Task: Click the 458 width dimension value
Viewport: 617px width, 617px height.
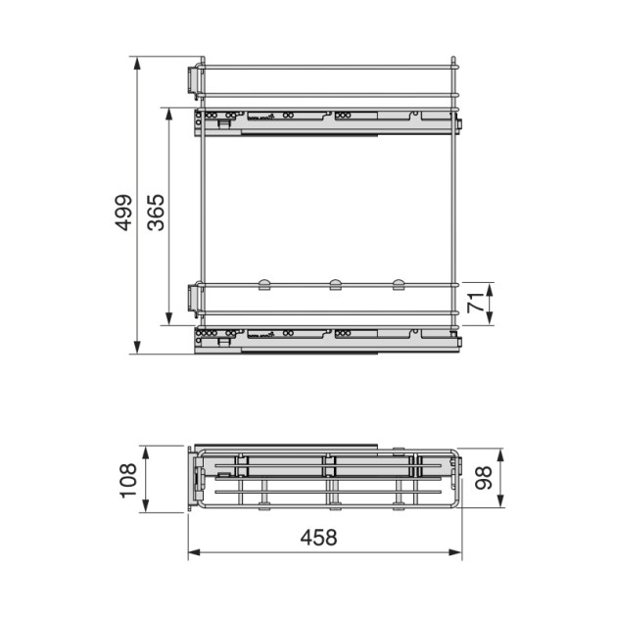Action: [x=319, y=538]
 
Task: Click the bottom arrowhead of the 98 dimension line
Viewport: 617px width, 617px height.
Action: [x=500, y=505]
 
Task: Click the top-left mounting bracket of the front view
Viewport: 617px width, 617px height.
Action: [x=195, y=79]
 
